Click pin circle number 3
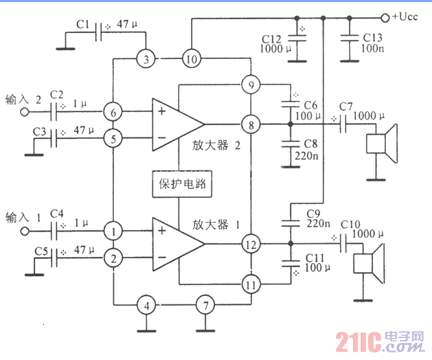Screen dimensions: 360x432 pyautogui.click(x=146, y=59)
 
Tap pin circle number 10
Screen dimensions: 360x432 pyautogui.click(x=191, y=59)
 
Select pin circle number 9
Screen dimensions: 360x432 pyautogui.click(x=250, y=85)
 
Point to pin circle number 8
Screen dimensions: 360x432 pyautogui.click(x=250, y=125)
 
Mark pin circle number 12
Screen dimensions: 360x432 pyautogui.click(x=250, y=244)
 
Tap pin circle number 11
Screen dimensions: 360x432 pyautogui.click(x=250, y=282)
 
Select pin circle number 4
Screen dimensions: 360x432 pyautogui.click(x=145, y=304)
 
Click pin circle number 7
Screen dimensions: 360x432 pyautogui.click(x=203, y=304)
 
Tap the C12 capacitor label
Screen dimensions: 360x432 pyautogui.click(x=273, y=38)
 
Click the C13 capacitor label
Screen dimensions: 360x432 pyautogui.click(x=372, y=38)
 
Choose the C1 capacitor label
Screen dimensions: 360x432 pyautogui.click(x=83, y=24)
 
